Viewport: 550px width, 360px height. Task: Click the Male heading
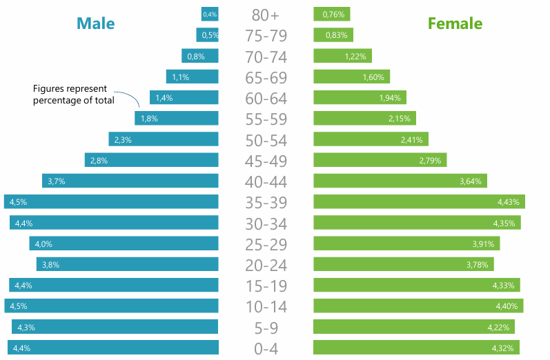(x=96, y=23)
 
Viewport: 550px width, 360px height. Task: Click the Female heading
(x=455, y=23)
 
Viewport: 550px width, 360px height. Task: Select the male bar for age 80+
(x=210, y=14)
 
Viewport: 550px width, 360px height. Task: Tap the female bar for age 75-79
(x=333, y=34)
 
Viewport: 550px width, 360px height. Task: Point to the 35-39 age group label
(x=266, y=202)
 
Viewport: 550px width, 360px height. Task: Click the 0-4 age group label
(x=266, y=349)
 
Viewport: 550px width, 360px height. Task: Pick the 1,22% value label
(x=355, y=57)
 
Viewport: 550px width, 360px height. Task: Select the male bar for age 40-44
(x=130, y=181)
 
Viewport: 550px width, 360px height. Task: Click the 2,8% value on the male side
(x=99, y=161)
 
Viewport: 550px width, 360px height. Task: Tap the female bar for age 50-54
(x=371, y=139)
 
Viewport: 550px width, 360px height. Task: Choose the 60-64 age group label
(x=266, y=99)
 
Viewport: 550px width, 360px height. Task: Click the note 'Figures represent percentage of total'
(x=74, y=94)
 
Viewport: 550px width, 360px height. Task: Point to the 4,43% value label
(x=509, y=202)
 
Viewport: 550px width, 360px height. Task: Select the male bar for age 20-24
(x=128, y=264)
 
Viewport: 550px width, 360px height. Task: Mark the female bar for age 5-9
(x=414, y=326)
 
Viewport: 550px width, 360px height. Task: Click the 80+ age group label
(x=266, y=14)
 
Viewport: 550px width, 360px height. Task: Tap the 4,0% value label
(x=43, y=244)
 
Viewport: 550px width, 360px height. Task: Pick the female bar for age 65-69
(x=352, y=77)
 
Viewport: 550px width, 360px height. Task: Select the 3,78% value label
(x=477, y=265)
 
